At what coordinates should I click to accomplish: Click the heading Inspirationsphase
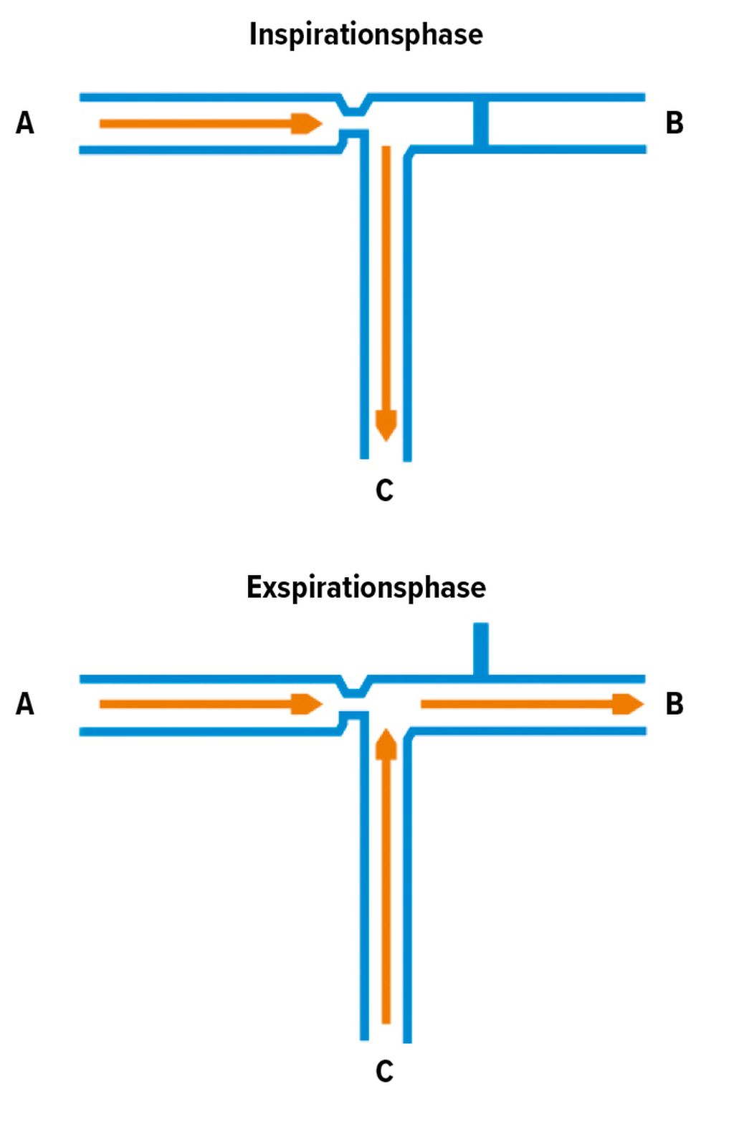366,34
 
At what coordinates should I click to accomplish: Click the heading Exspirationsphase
366,587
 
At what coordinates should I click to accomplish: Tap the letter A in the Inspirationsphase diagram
25,123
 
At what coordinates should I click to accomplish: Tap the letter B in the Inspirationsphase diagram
674,123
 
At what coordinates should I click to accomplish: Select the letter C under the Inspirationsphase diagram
384,490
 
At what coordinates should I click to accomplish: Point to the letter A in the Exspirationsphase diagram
25,704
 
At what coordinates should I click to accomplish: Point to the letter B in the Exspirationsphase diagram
674,704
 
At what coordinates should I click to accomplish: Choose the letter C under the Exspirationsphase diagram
384,1071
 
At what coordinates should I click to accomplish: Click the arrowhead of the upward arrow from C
386,744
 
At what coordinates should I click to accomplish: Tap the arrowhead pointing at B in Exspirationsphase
628,704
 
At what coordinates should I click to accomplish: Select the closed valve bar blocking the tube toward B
481,123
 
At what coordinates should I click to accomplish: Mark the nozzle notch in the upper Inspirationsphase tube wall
353,107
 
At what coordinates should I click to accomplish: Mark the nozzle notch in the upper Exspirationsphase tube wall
353,688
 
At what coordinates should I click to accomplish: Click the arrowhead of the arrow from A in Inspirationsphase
307,123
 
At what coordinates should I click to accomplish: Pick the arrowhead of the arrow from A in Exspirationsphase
307,704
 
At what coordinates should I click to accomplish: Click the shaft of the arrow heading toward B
516,704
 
